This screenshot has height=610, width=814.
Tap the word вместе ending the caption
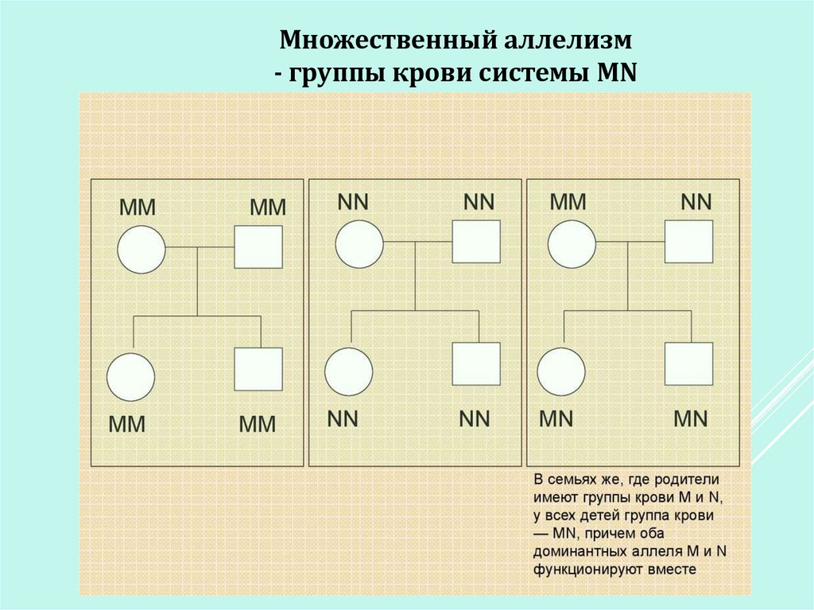[672, 569]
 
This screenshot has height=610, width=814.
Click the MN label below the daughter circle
[556, 418]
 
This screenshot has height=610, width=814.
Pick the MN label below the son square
[690, 418]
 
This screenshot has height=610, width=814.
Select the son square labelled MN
[688, 364]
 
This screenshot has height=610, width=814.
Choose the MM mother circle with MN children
[572, 243]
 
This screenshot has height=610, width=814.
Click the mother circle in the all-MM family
[141, 251]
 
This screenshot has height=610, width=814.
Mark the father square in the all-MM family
[258, 247]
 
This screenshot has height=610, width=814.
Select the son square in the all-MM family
[258, 369]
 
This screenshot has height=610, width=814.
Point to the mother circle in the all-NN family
[359, 243]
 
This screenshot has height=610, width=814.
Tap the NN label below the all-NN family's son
[475, 418]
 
